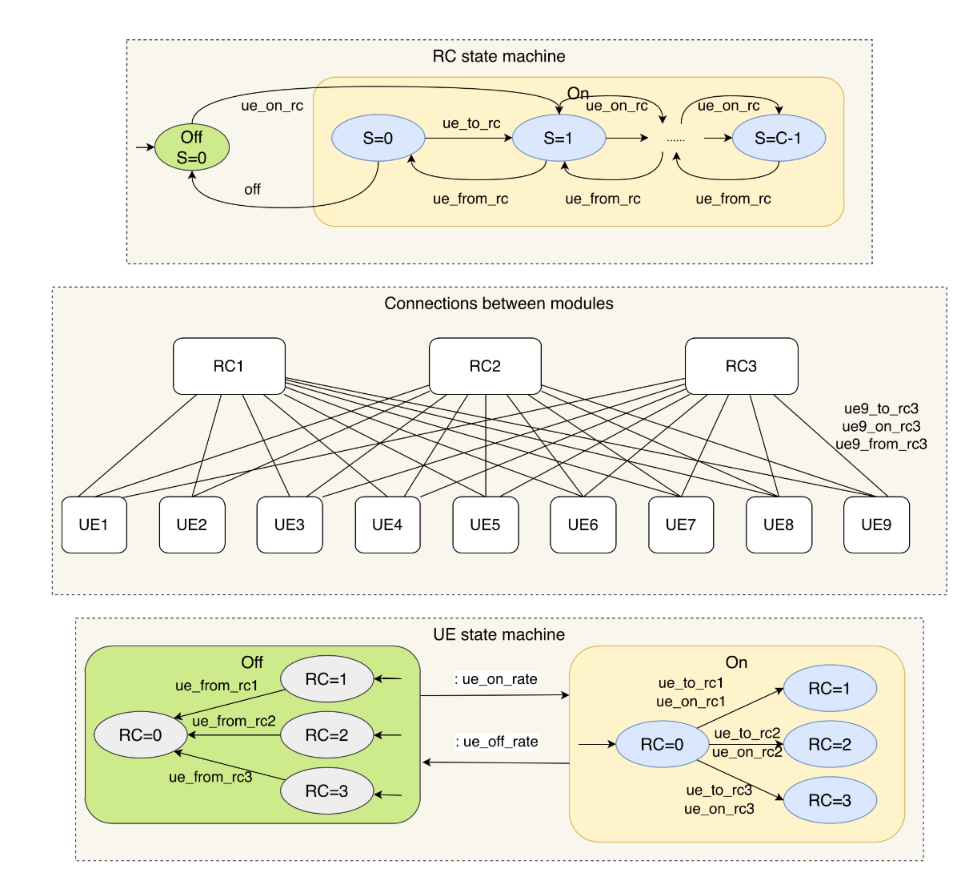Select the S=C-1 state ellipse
[x=778, y=138]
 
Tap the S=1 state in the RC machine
[x=558, y=138]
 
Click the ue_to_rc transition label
[x=471, y=123]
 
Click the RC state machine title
[x=499, y=56]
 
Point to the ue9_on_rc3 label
[x=881, y=426]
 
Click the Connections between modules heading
[x=499, y=304]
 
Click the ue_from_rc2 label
[x=234, y=721]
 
